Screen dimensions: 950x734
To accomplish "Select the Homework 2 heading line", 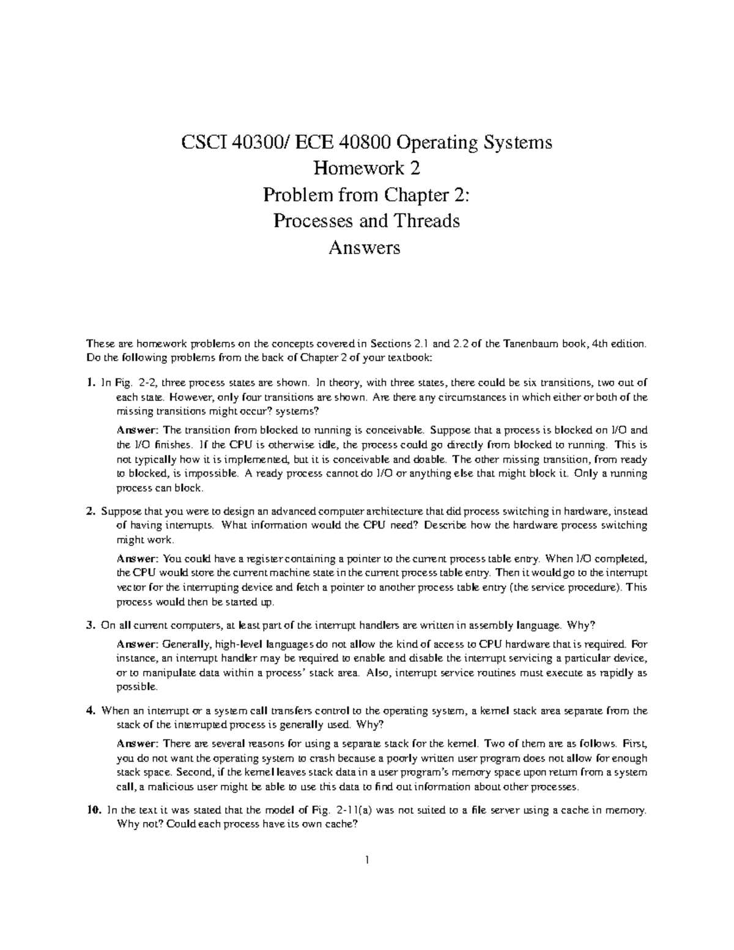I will (x=366, y=169).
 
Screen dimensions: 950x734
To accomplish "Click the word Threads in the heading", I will (x=431, y=221).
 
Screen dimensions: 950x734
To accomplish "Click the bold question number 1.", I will (x=91, y=383).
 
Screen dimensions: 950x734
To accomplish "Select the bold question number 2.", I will (x=90, y=511).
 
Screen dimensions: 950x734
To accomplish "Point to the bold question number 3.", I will (x=90, y=625).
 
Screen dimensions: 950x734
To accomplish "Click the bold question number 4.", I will (x=90, y=711).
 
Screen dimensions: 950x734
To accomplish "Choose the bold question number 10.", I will (x=93, y=811).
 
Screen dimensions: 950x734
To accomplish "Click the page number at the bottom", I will (x=366, y=861).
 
